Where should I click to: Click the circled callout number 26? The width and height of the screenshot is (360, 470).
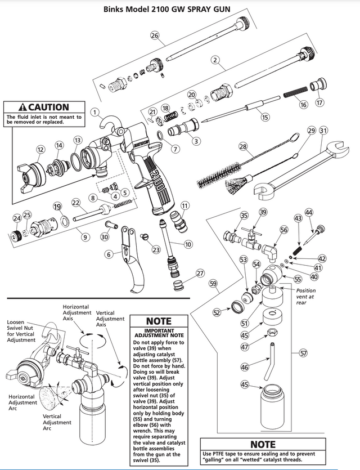(155, 35)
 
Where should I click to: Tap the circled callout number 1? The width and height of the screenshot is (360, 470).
(95, 111)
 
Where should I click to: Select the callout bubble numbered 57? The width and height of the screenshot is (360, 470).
(303, 353)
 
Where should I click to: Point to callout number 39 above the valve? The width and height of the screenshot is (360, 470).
(263, 212)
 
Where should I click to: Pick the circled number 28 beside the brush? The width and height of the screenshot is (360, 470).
(243, 146)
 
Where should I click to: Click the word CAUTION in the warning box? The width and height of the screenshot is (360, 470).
(49, 107)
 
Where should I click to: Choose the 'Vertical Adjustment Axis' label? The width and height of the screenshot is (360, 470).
(110, 319)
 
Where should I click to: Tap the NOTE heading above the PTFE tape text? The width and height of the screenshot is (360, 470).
(263, 445)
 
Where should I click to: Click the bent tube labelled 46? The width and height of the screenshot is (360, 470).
(272, 360)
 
